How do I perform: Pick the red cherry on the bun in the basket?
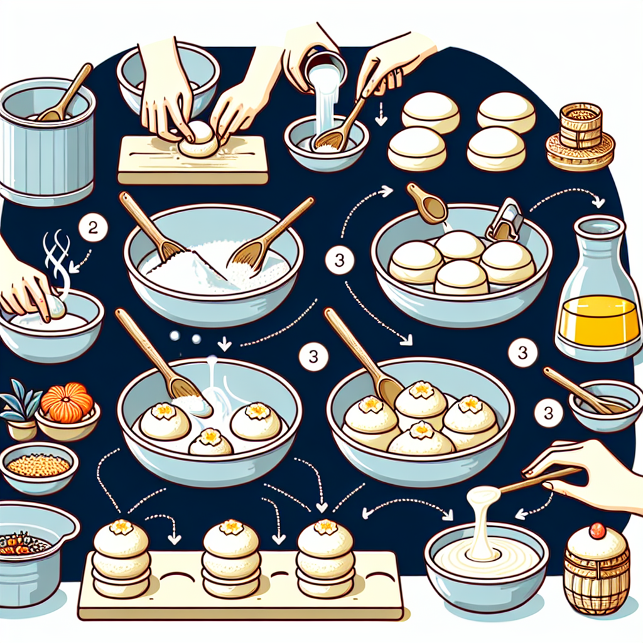597,531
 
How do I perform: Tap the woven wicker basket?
596,581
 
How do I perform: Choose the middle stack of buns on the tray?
230,560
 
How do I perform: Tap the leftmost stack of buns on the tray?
121,560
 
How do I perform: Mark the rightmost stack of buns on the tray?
325,560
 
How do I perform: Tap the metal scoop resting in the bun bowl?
505,221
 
